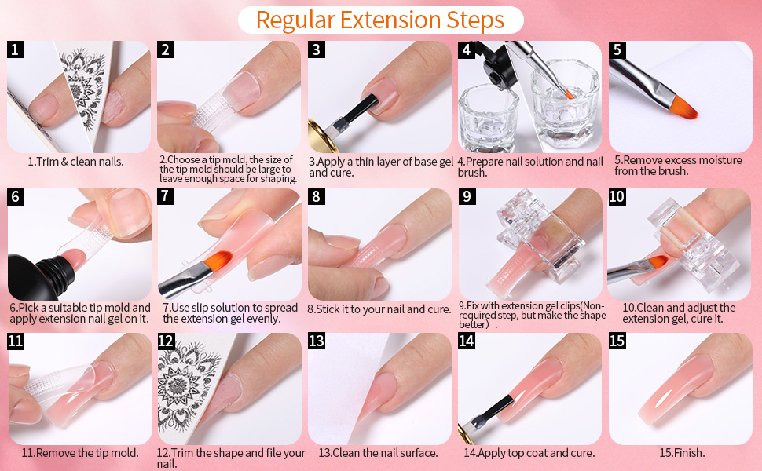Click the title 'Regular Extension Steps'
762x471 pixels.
[380, 20]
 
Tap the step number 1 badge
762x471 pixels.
[16, 50]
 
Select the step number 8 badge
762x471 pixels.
[317, 197]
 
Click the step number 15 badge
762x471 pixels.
[618, 341]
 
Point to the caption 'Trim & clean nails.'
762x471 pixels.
[76, 162]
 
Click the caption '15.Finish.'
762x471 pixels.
[681, 453]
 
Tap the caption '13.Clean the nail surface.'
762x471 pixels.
[378, 453]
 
